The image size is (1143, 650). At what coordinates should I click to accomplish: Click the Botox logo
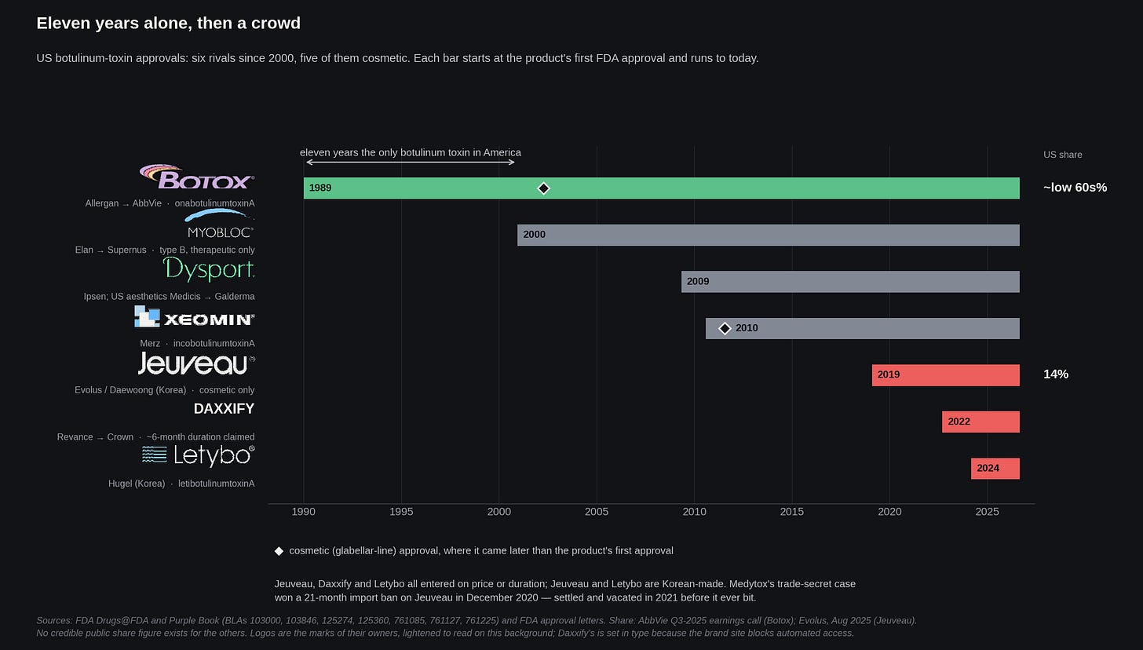197,177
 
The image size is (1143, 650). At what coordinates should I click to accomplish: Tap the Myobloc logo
220,224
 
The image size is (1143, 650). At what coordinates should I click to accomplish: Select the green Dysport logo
209,269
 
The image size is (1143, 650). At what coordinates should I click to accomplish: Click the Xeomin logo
195,317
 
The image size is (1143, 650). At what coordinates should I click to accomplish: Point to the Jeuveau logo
196,363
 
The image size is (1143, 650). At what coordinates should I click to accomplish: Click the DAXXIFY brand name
224,409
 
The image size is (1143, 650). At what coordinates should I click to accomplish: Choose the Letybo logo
199,455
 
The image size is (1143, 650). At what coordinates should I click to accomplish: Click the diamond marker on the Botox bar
543,188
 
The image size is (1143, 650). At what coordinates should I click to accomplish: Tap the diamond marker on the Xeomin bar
725,328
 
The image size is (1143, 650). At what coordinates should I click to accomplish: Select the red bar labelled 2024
995,469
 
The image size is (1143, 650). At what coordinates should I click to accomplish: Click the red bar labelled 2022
980,422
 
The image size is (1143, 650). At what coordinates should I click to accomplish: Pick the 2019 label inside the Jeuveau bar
889,374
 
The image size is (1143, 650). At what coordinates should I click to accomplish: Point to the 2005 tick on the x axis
597,511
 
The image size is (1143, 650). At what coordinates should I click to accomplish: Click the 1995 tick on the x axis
401,511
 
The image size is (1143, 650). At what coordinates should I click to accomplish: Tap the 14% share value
1056,374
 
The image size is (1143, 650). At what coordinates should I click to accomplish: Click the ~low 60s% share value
1075,188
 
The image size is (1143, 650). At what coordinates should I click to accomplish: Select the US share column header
1062,155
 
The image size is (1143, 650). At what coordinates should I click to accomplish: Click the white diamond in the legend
279,551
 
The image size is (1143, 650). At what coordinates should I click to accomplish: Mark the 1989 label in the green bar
320,188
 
